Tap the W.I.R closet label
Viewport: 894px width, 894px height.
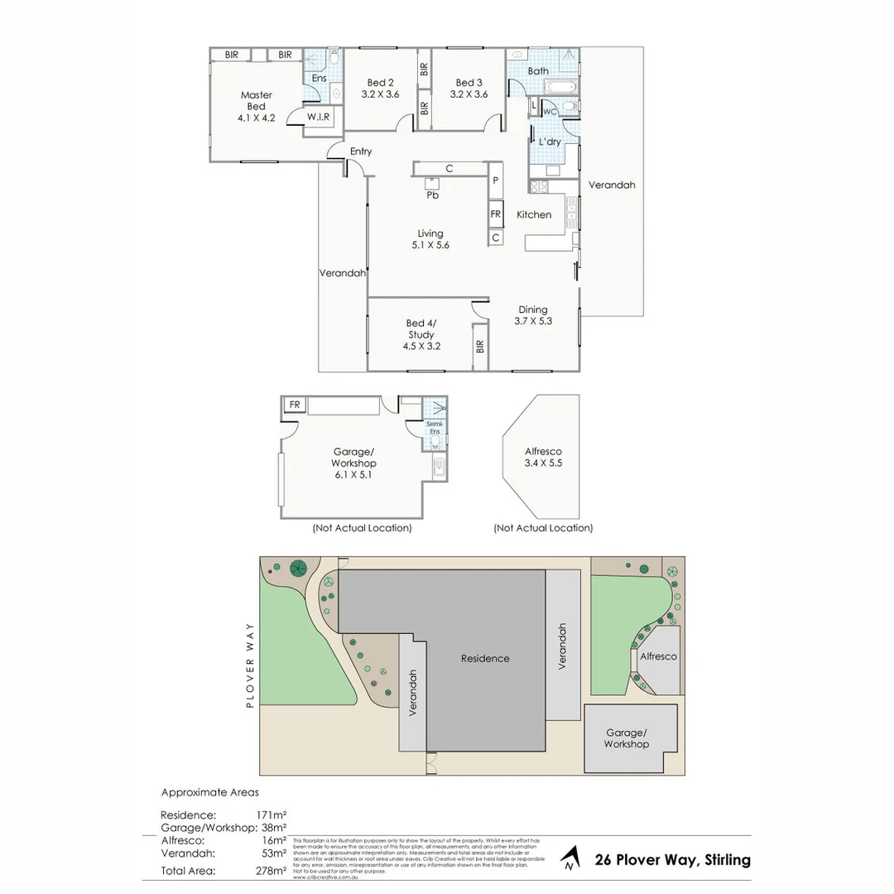(x=319, y=118)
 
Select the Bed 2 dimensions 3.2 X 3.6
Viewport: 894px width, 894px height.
(x=381, y=94)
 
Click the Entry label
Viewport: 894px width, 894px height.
(x=361, y=151)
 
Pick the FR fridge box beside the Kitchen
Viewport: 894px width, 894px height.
(x=496, y=214)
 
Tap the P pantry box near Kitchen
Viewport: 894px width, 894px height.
(x=496, y=180)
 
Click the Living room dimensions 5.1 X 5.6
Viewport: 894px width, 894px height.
(x=430, y=245)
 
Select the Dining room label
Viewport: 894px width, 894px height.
(x=533, y=310)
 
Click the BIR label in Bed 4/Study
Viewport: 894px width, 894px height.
(x=479, y=346)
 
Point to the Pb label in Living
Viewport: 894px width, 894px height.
(x=432, y=195)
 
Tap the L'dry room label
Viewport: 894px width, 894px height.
(x=550, y=142)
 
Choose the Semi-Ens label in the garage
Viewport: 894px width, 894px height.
(x=435, y=428)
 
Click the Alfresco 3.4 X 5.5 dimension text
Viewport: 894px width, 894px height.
(x=543, y=464)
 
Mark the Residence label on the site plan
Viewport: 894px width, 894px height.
(x=485, y=658)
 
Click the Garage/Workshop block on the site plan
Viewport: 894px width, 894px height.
(x=627, y=738)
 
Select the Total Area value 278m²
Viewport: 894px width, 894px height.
(x=272, y=870)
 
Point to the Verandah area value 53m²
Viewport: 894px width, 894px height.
(x=275, y=853)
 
